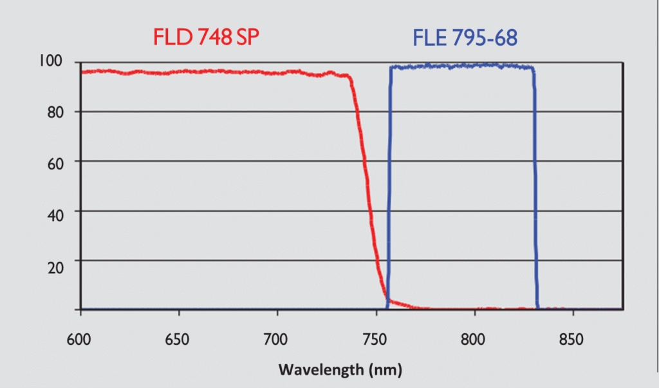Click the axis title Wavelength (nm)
click(x=340, y=370)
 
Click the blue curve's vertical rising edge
click(x=389, y=187)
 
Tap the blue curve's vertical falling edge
click(x=535, y=187)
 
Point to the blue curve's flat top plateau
click(x=462, y=66)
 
